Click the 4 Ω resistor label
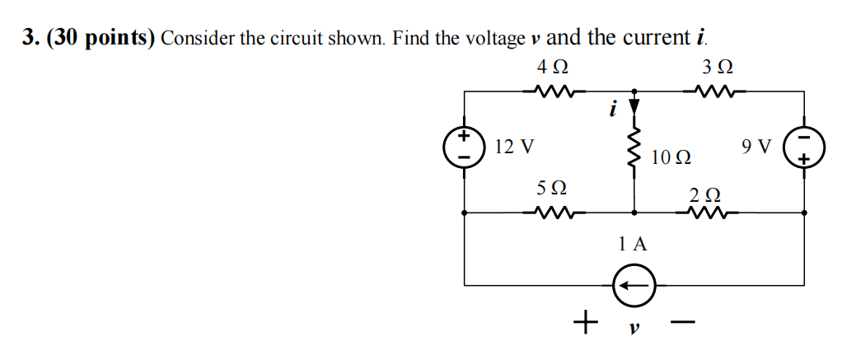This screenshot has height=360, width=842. (552, 66)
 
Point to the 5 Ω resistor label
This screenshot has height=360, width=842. (552, 189)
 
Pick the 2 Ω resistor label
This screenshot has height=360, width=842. (705, 195)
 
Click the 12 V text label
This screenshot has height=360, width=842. (514, 147)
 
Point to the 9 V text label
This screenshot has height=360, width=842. (756, 147)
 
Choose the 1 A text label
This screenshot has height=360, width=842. (633, 243)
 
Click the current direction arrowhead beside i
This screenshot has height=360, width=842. (634, 106)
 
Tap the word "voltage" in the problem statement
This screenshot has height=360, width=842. (494, 39)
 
